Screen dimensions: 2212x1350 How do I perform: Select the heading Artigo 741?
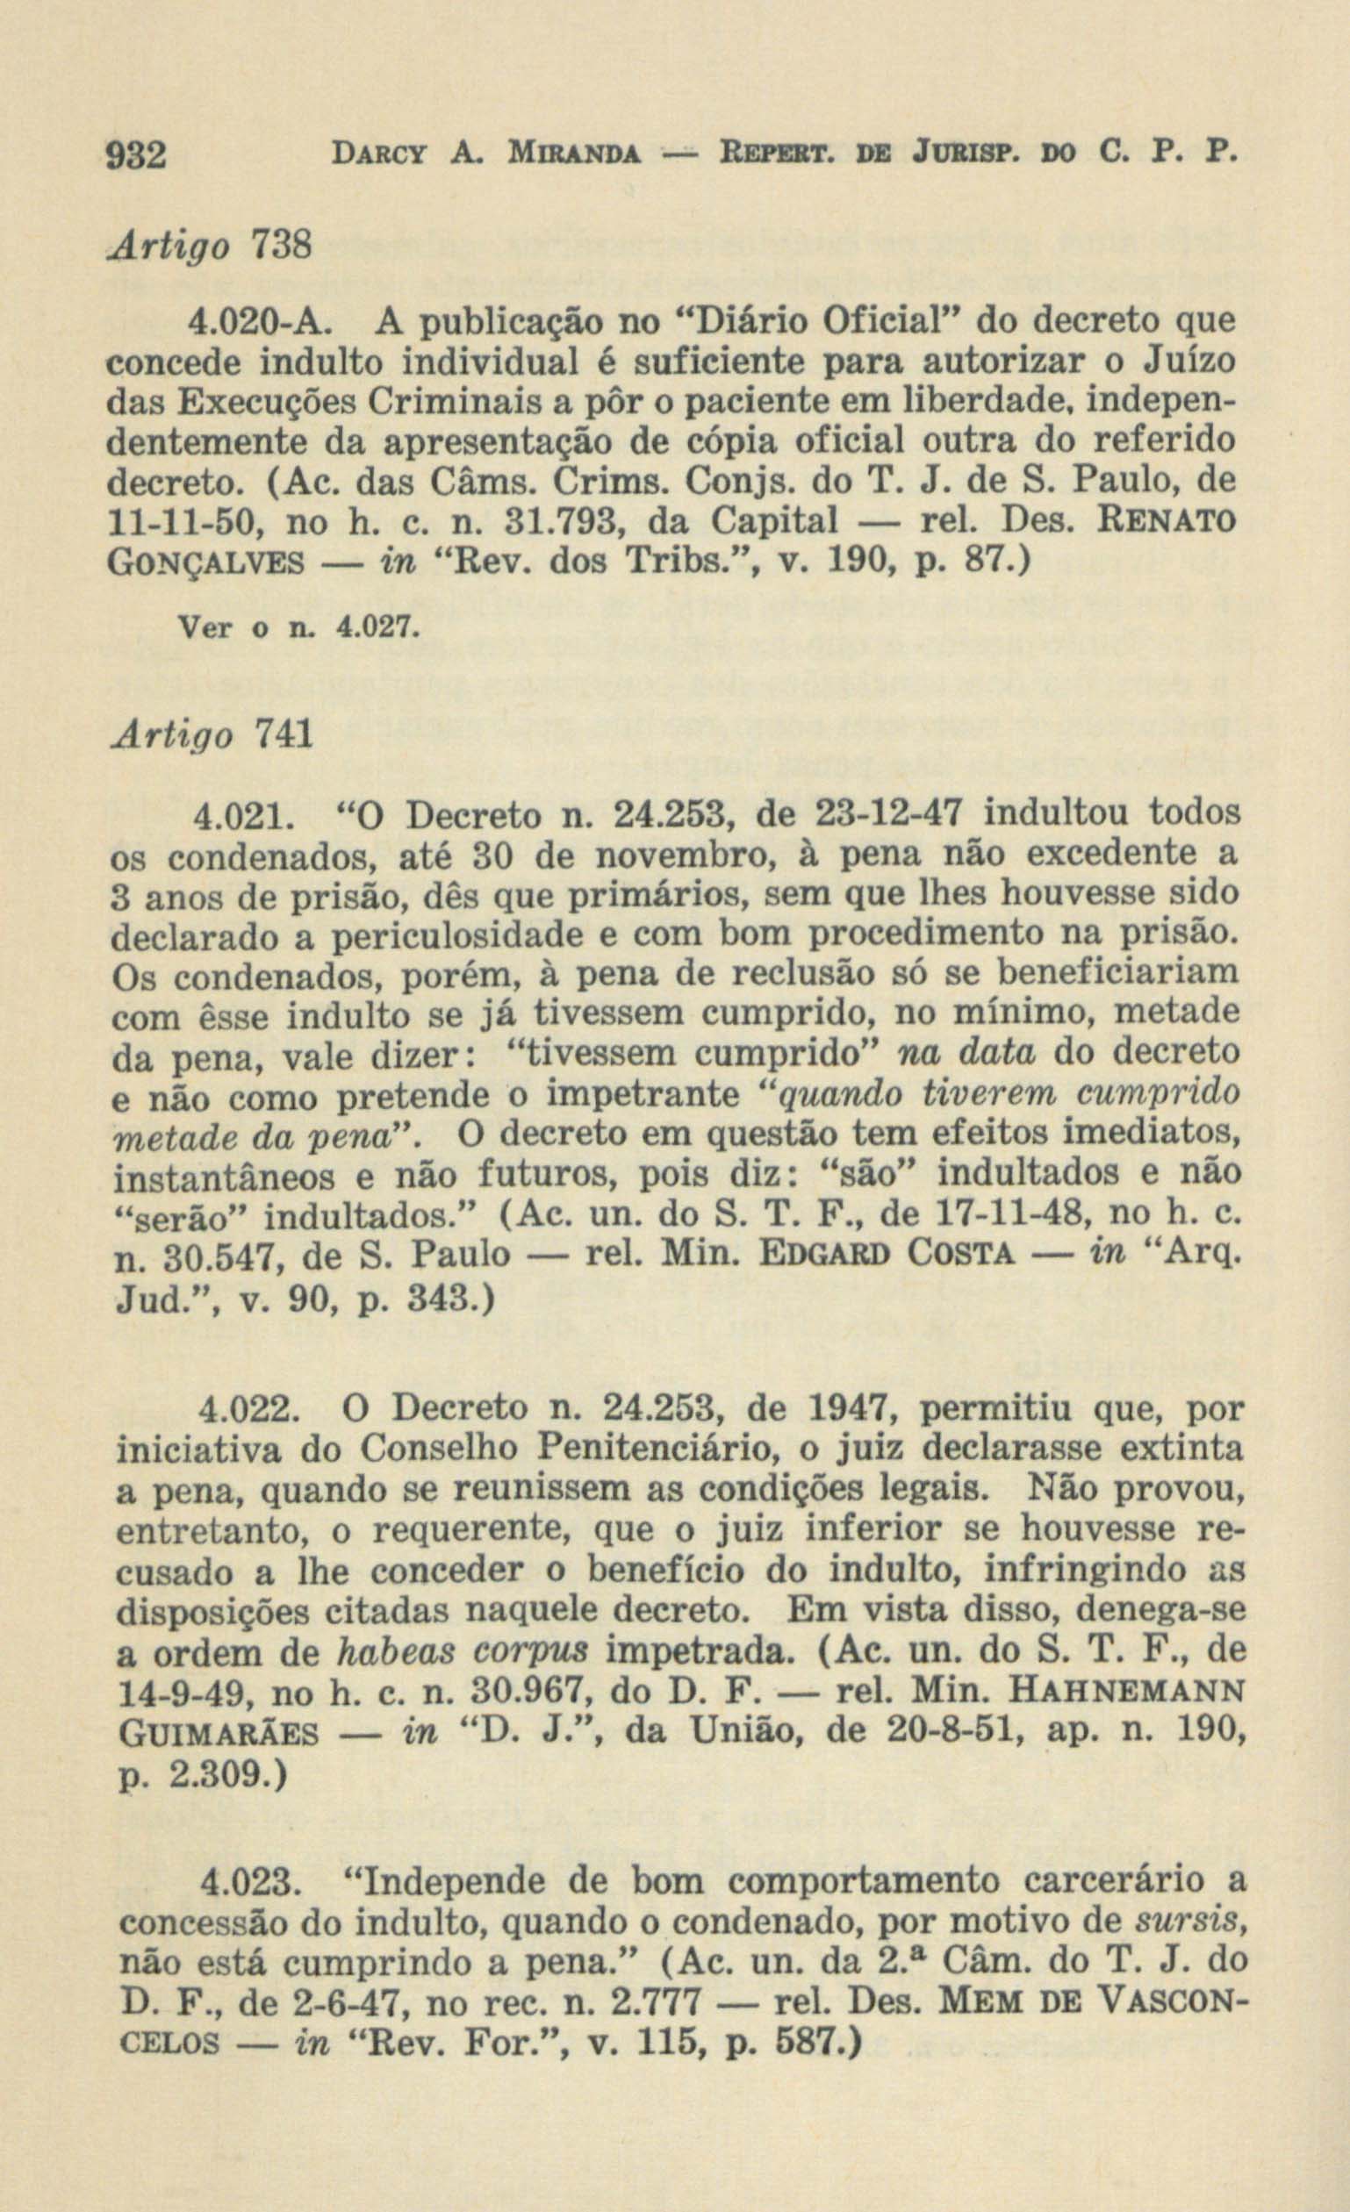point(211,735)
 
